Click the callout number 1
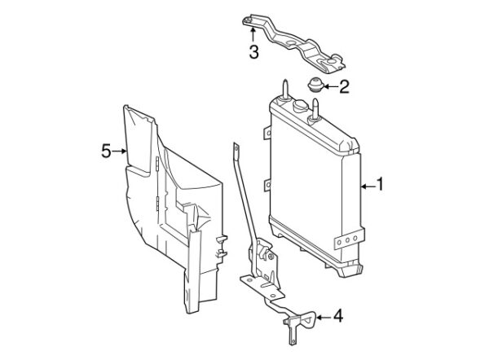380,184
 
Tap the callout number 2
344,86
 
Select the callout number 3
253,52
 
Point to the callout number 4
338,316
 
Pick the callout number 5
106,151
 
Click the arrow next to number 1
368,187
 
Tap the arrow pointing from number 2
330,86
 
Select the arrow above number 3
253,34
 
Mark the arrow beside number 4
324,318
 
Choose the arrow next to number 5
120,151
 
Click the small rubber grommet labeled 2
315,85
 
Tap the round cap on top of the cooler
301,106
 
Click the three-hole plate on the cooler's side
350,239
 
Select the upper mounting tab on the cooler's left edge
267,133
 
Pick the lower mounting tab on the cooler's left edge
267,185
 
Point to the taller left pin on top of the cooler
286,89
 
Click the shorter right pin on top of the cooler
315,109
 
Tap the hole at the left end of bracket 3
248,20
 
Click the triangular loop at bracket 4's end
309,319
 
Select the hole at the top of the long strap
236,149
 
